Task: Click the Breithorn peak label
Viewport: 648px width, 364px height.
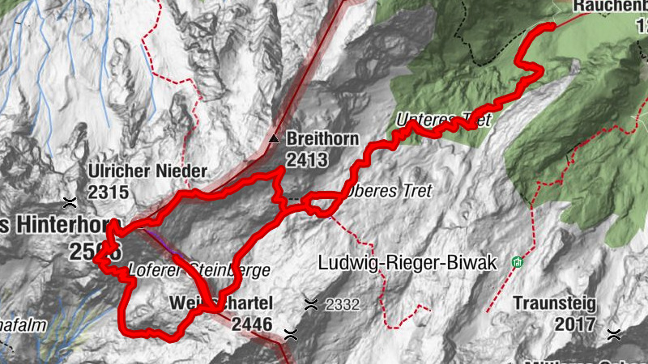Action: coord(322,139)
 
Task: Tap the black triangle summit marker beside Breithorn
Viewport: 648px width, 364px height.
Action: coord(275,138)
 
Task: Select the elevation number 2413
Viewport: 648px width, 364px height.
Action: coord(306,159)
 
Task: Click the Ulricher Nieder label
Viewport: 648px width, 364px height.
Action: coord(148,171)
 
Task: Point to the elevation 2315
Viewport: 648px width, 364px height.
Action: coord(109,192)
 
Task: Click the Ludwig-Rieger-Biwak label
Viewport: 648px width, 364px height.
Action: coord(406,263)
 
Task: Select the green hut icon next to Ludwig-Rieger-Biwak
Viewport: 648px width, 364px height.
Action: coord(516,262)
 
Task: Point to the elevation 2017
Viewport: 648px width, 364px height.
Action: coord(576,324)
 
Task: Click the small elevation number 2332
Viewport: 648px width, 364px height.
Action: coord(342,305)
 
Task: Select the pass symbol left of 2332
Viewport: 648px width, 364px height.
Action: coord(310,304)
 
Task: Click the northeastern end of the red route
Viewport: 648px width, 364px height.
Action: coord(552,27)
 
